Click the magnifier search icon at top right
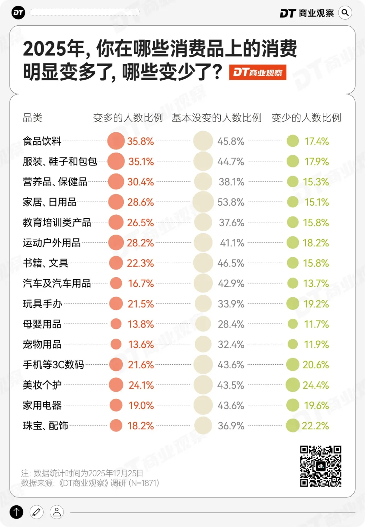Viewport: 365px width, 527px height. [345, 13]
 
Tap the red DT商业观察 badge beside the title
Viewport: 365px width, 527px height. [258, 72]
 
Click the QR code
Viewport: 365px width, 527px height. [321, 466]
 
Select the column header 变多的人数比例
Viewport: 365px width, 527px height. [128, 117]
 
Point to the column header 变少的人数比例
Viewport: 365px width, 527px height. [306, 117]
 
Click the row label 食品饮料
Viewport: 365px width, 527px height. [42, 141]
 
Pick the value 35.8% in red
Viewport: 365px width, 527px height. [140, 141]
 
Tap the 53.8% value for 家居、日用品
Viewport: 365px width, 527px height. [231, 202]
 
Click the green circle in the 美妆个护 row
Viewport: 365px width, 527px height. [293, 385]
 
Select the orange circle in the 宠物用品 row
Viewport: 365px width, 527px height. [116, 344]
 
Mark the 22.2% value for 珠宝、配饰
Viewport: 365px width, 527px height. [315, 426]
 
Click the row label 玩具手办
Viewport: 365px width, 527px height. [42, 304]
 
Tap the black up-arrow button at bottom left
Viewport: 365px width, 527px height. [16, 512]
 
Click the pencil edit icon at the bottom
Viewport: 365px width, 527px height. [36, 512]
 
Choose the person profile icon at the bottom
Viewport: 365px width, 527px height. [57, 512]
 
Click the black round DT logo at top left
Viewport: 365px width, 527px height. [18, 13]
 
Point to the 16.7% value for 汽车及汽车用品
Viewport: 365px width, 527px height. [141, 283]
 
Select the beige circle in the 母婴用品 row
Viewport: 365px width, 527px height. [203, 324]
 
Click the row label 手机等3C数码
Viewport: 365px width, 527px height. [53, 365]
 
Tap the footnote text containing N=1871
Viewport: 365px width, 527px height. [90, 483]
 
